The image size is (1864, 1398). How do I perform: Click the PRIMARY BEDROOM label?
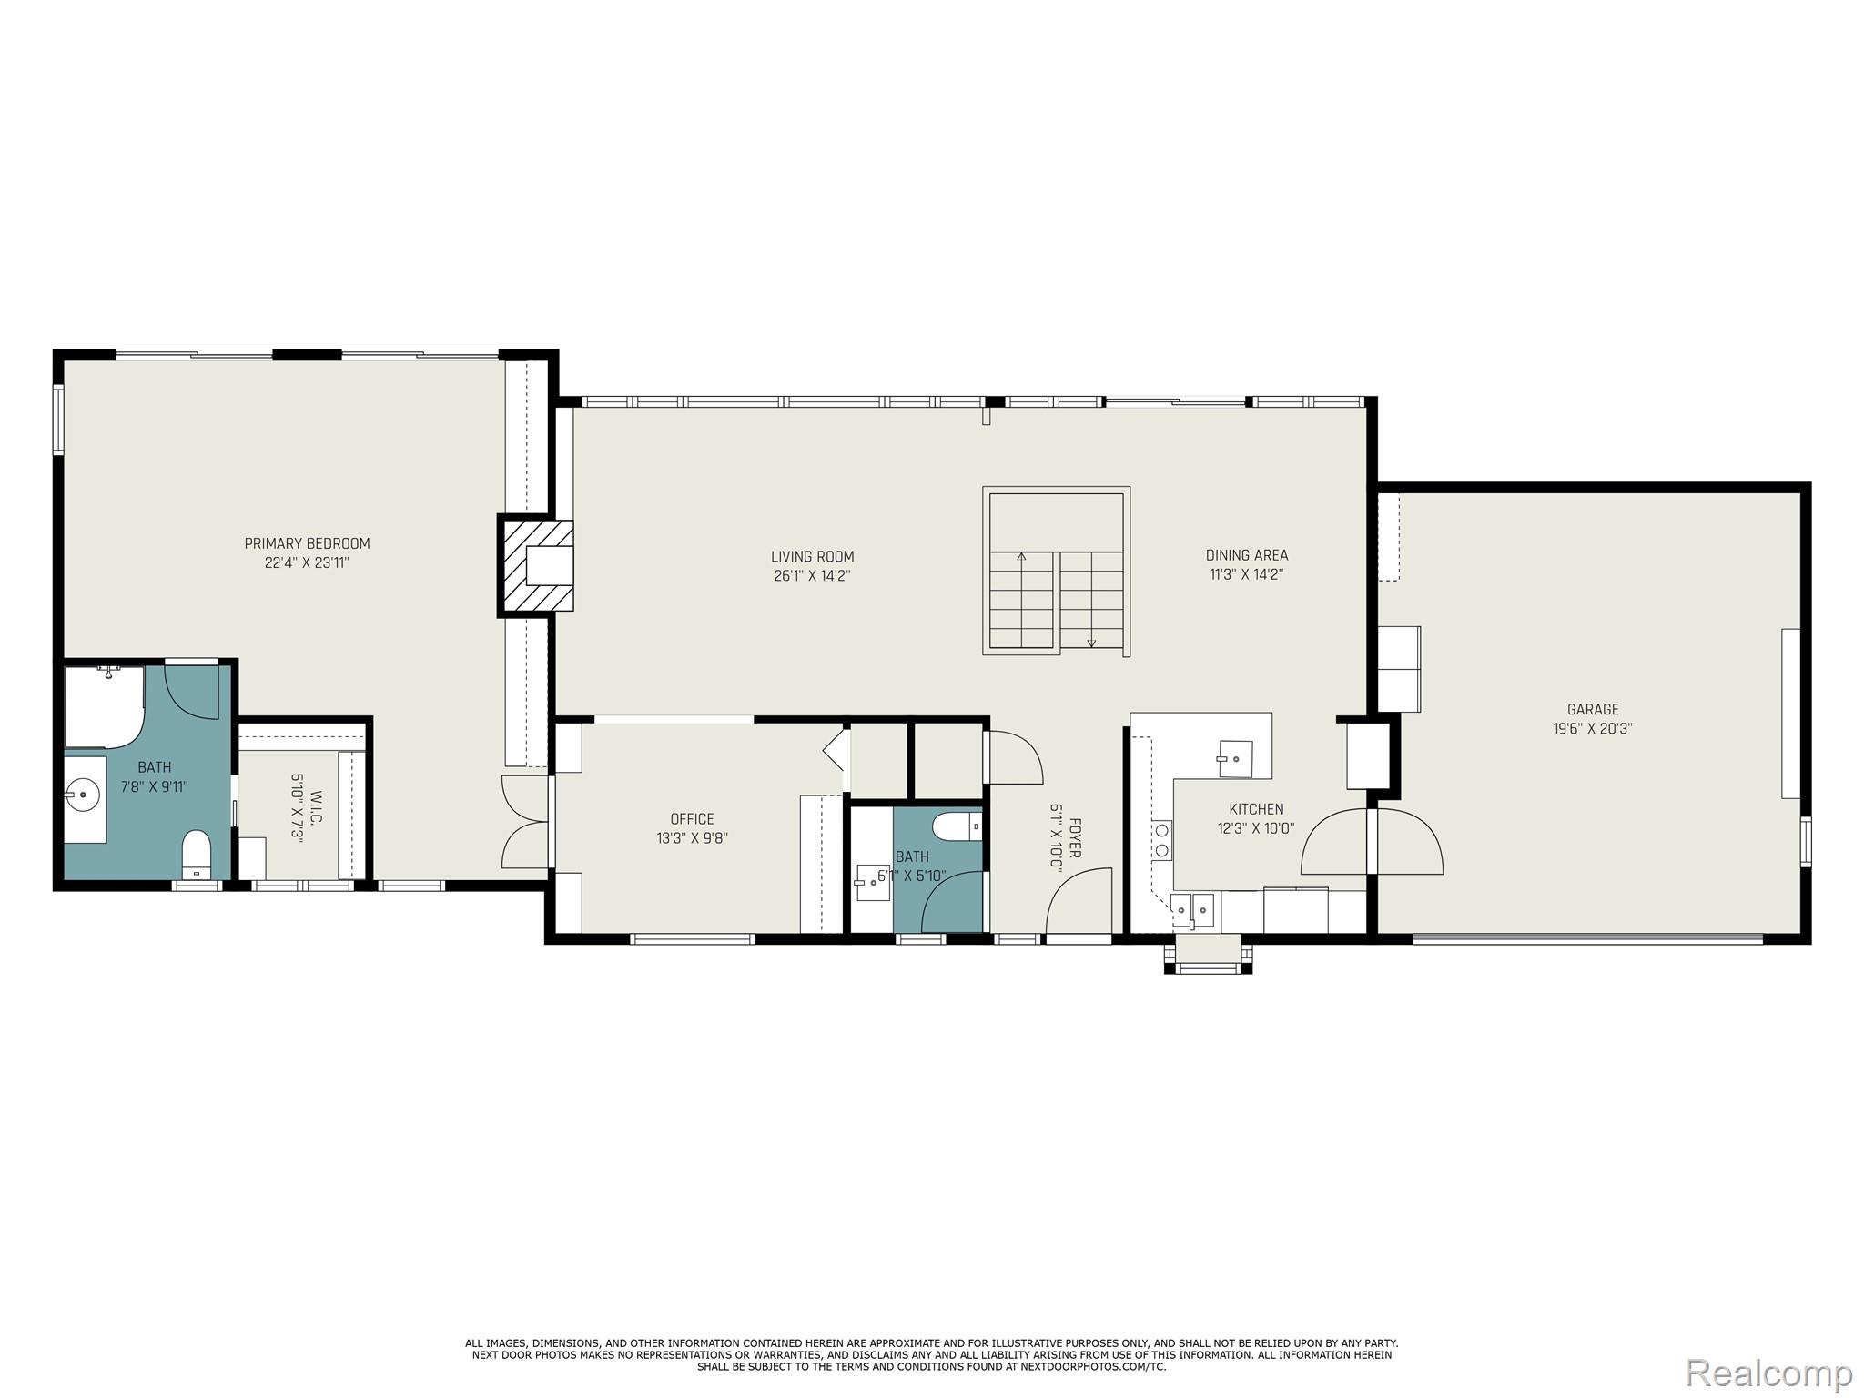[307, 543]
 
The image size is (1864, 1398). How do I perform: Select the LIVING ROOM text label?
[812, 556]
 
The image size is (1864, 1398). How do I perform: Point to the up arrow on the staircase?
[1021, 557]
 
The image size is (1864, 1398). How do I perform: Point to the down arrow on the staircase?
[1091, 640]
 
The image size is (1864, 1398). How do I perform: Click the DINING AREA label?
[1246, 554]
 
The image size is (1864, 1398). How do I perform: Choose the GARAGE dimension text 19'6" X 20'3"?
[1592, 728]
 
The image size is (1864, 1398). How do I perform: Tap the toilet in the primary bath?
[197, 852]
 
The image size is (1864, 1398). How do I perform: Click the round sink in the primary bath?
[84, 795]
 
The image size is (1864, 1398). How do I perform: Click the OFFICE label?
[692, 818]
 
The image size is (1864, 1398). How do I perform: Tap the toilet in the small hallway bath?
[955, 827]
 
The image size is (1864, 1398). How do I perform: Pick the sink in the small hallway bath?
[872, 882]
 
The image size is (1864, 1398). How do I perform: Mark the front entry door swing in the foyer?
[1079, 900]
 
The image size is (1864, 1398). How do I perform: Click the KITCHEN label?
[1256, 808]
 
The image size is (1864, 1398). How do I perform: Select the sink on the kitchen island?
[1234, 758]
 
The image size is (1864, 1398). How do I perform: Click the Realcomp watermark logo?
[1768, 1373]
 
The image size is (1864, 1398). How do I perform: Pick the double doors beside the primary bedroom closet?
[526, 822]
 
